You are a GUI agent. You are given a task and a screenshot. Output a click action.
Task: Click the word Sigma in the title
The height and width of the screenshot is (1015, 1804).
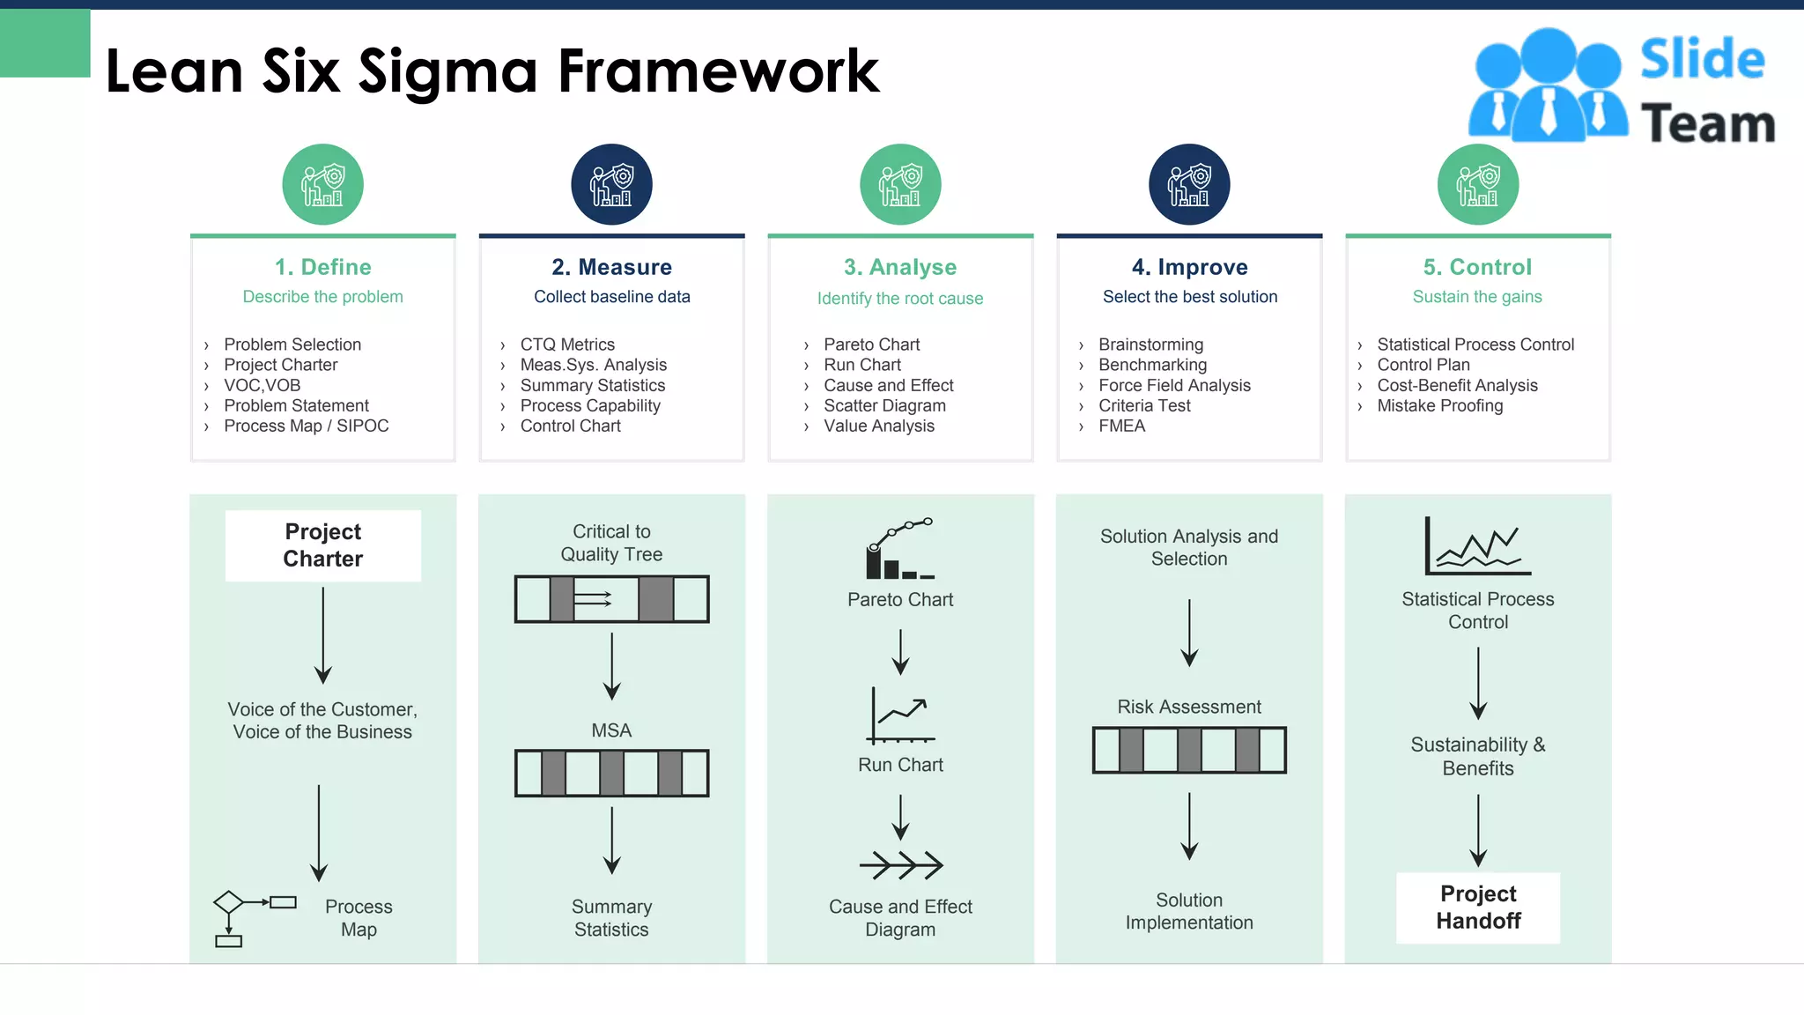(447, 72)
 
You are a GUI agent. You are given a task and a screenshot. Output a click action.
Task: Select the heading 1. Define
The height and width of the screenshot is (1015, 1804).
(322, 267)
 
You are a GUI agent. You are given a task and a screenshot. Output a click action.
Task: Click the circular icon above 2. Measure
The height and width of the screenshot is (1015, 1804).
(611, 185)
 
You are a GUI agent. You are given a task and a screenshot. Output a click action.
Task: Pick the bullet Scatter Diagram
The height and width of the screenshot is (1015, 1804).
(884, 405)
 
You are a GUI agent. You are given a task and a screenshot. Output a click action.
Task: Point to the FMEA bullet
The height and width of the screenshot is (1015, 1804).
(1121, 426)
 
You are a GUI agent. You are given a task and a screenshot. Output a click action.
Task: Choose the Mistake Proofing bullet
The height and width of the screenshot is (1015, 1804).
(1439, 405)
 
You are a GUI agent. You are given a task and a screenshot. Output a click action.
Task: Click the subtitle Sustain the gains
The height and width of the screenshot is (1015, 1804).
(1477, 297)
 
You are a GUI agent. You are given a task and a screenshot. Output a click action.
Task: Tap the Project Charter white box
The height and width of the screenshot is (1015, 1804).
(322, 545)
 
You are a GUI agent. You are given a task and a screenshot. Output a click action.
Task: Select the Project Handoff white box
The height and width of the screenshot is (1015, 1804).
(1477, 908)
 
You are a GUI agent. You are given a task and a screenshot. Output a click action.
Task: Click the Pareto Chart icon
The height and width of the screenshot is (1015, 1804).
(899, 549)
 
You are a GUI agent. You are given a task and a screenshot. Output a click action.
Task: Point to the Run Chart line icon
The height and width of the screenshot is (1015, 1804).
(900, 715)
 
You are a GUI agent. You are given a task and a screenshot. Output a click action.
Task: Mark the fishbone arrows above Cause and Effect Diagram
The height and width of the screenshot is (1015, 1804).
(900, 865)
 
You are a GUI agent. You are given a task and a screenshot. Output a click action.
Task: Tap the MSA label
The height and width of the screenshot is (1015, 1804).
(611, 730)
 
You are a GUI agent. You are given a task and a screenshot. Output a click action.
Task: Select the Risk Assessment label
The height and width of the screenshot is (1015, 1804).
(1188, 707)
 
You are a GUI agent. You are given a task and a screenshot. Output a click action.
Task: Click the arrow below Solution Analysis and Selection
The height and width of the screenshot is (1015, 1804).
(1189, 633)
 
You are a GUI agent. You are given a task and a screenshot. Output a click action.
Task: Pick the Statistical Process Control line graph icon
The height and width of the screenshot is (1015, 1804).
(1477, 546)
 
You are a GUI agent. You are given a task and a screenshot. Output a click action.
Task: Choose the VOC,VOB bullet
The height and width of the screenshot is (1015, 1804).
(262, 385)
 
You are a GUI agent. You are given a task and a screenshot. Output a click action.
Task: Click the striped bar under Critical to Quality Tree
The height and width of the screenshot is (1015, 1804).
(611, 599)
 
